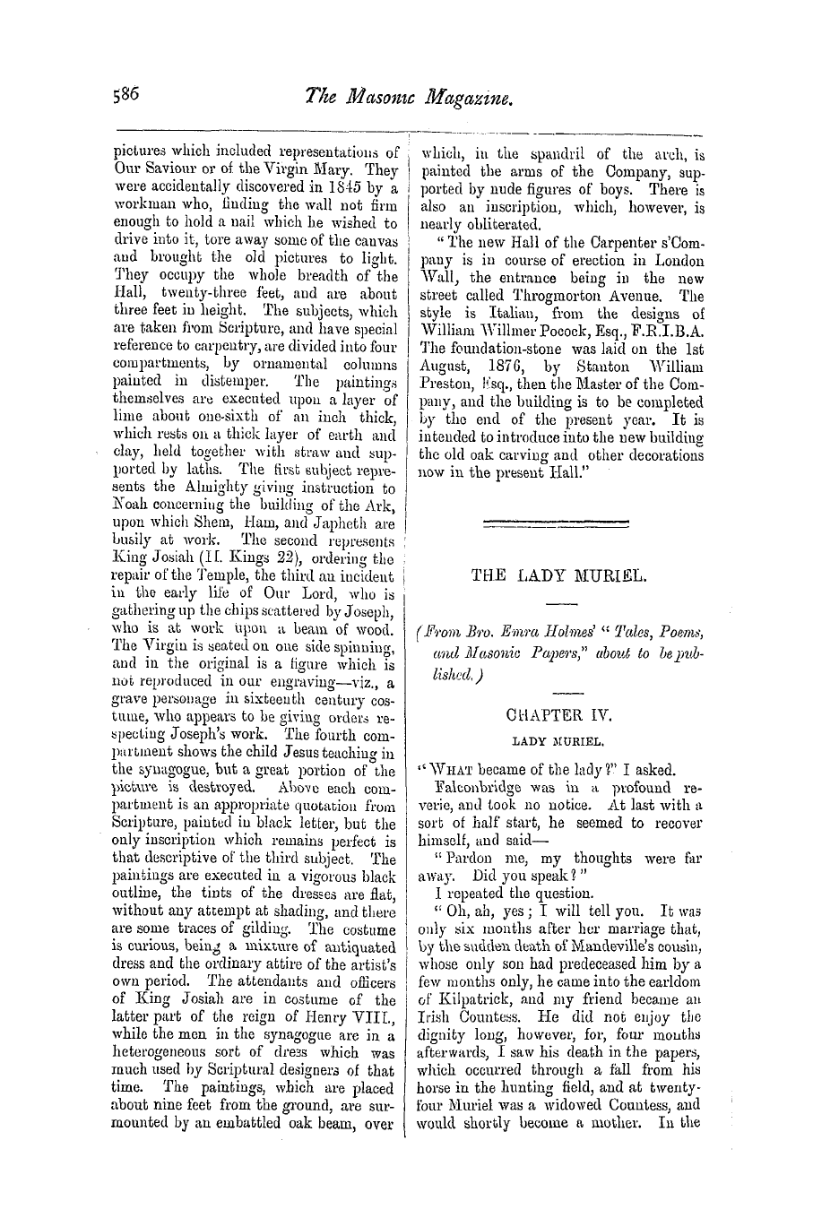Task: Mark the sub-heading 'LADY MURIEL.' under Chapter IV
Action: coord(558,742)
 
